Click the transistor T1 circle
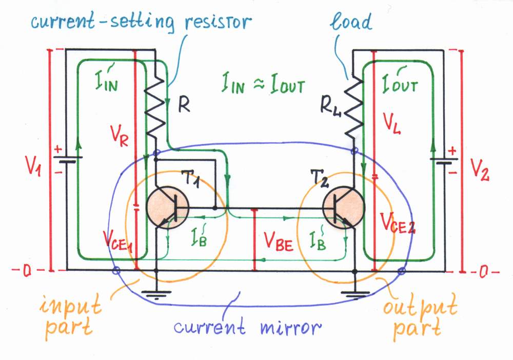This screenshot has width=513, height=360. [167, 208]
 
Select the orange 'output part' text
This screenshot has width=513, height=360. [420, 318]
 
